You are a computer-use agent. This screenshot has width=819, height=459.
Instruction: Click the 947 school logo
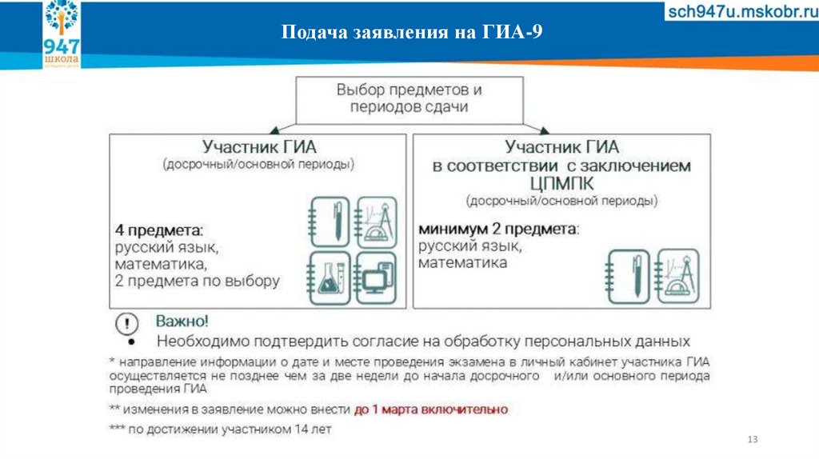pos(62,34)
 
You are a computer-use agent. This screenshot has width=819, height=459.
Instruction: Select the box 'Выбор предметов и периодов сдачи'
pos(409,98)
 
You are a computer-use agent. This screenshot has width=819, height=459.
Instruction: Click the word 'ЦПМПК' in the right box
pos(561,184)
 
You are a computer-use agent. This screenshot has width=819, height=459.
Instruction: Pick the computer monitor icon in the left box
pos(374,276)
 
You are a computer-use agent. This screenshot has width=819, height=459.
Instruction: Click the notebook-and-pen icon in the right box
pos(629,277)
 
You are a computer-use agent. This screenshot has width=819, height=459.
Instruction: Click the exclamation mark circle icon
pos(126,324)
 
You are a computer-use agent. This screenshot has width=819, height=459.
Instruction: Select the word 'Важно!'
pos(182,322)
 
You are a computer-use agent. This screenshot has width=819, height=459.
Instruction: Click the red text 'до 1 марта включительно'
pos(430,409)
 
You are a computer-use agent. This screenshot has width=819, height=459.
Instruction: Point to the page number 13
pos(751,441)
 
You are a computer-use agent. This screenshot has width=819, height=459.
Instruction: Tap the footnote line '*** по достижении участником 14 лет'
pos(220,429)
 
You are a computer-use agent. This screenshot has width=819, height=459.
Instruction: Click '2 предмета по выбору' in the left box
pos(197,281)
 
